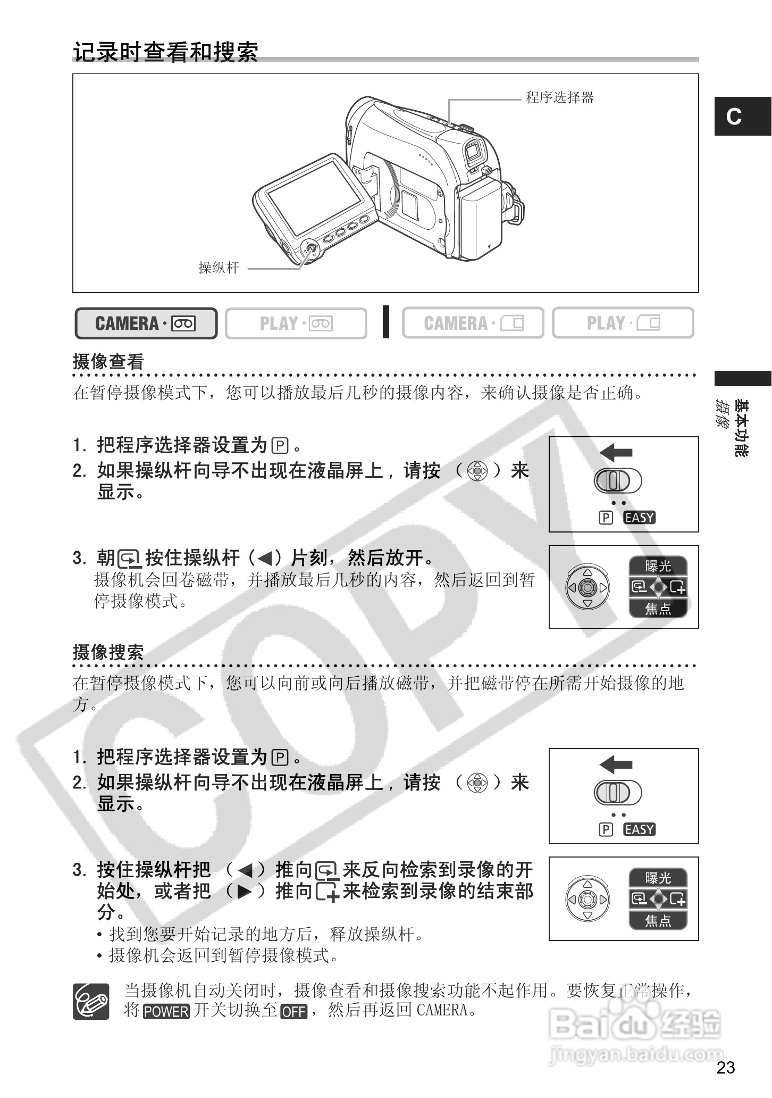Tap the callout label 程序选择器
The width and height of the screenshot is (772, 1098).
coord(559,98)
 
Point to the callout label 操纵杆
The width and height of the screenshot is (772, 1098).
coord(219,268)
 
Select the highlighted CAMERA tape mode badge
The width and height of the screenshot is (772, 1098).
coord(146,323)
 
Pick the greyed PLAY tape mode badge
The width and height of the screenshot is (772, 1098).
coord(296,323)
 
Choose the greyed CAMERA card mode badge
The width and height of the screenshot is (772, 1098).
coord(473,323)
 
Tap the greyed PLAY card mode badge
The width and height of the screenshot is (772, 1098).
coord(623,323)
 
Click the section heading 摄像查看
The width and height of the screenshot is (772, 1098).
coord(108,362)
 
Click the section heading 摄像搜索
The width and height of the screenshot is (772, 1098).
coord(108,653)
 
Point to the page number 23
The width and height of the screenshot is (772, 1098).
coord(726,1067)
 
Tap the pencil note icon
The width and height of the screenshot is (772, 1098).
coord(91,1001)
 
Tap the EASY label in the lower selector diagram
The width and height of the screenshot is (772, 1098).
coord(640,829)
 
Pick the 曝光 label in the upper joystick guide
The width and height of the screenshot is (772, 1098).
coord(658,567)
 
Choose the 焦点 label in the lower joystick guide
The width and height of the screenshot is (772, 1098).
coord(658,920)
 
